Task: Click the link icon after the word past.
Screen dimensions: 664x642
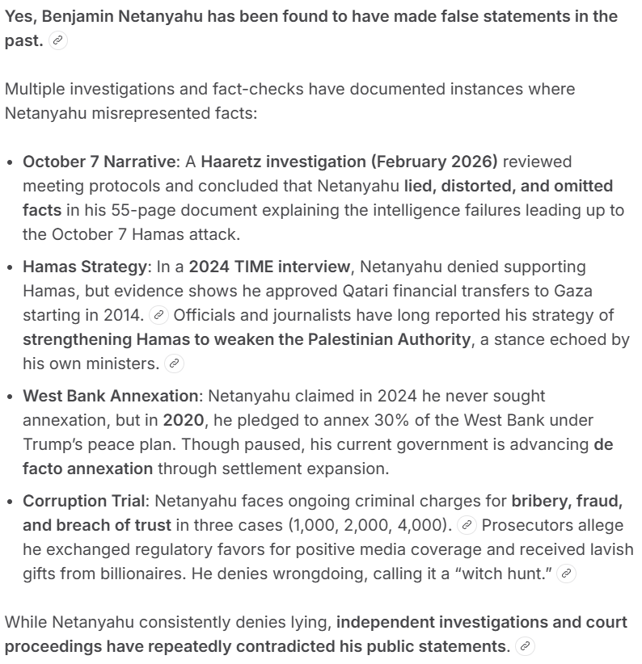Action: [58, 41]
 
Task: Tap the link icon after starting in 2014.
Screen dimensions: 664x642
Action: [160, 315]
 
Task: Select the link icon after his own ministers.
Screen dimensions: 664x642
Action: [174, 364]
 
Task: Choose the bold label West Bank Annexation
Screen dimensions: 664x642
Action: [110, 396]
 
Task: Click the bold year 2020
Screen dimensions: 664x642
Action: [184, 420]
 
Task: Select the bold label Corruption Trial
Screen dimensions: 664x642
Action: [85, 501]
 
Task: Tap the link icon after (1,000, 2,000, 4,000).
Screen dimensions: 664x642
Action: [466, 525]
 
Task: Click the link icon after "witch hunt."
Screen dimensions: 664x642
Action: [568, 574]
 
